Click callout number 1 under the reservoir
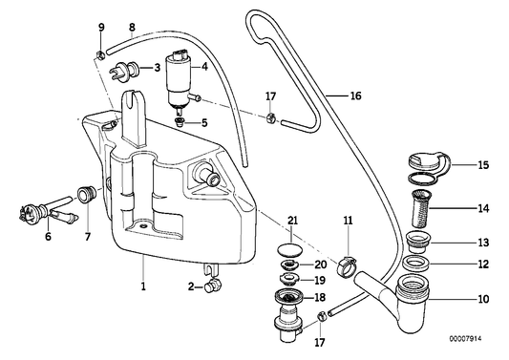143,286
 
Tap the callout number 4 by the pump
204,68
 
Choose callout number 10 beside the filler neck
484,299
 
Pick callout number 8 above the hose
132,27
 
